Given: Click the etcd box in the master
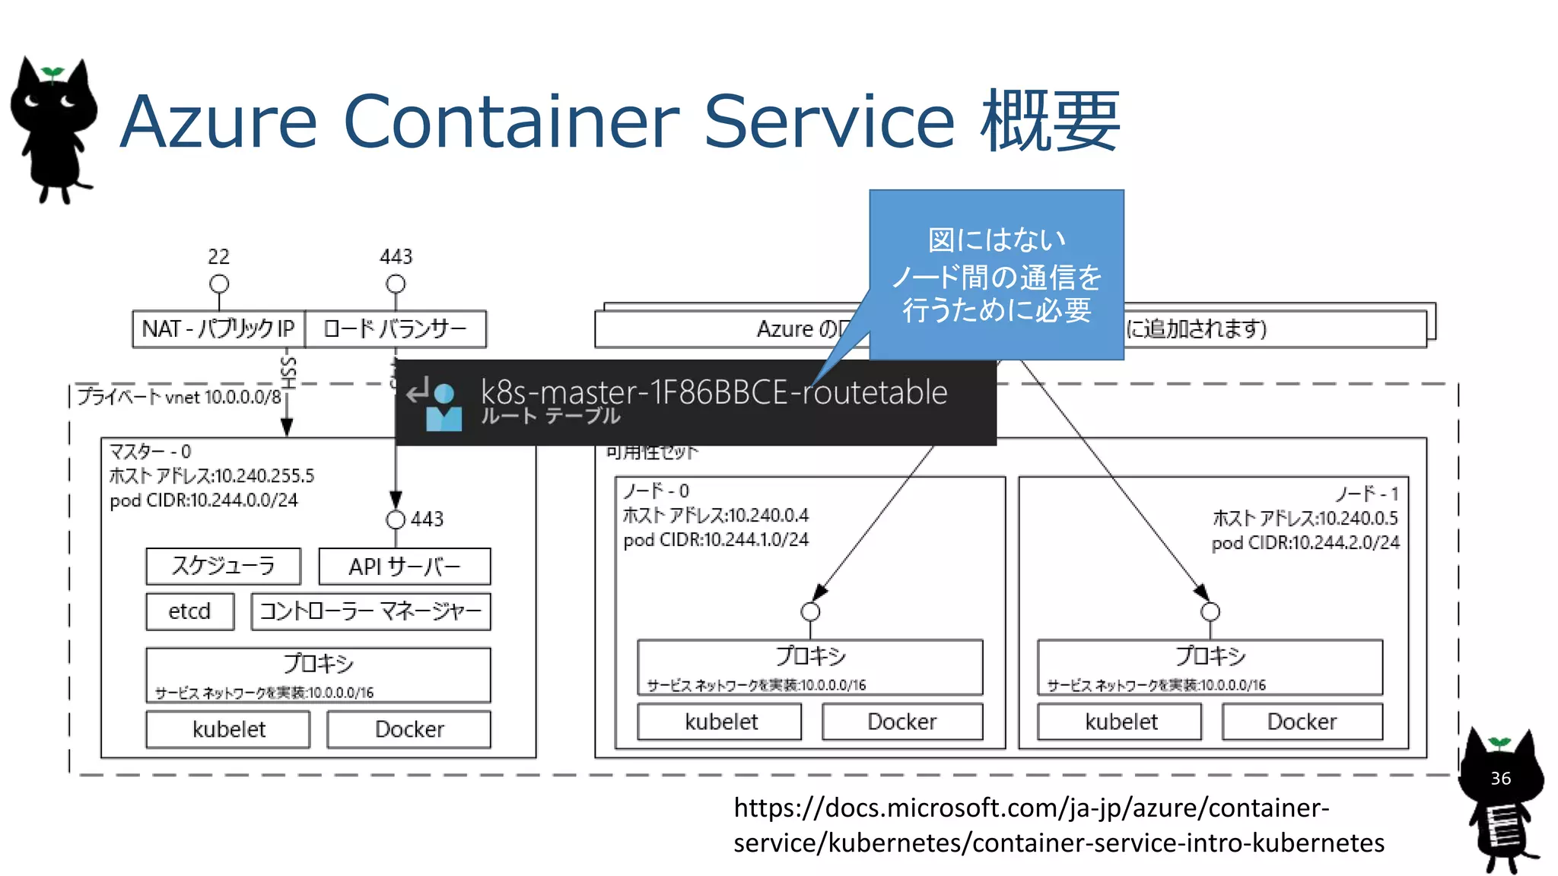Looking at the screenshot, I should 189,611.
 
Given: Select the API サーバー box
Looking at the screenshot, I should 404,567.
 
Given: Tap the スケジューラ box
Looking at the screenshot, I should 223,566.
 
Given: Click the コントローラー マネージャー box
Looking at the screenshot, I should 370,611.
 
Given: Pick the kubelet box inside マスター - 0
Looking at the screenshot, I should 228,729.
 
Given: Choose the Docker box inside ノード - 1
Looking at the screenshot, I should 1302,722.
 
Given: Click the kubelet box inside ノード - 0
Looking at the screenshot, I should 720,722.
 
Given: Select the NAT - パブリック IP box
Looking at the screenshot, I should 218,328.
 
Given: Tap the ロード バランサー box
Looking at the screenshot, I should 395,328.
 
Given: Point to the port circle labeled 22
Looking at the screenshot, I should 219,284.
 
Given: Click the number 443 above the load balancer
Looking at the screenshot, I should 396,256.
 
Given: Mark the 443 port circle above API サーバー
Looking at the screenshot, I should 396,519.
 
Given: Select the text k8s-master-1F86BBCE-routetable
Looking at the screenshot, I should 714,392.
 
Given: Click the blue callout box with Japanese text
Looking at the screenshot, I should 996,275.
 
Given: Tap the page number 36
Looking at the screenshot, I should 1500,778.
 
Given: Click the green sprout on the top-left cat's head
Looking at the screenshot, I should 52,73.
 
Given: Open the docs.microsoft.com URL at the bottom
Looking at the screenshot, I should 1057,825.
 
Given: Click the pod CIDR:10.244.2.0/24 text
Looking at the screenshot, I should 1305,543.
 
